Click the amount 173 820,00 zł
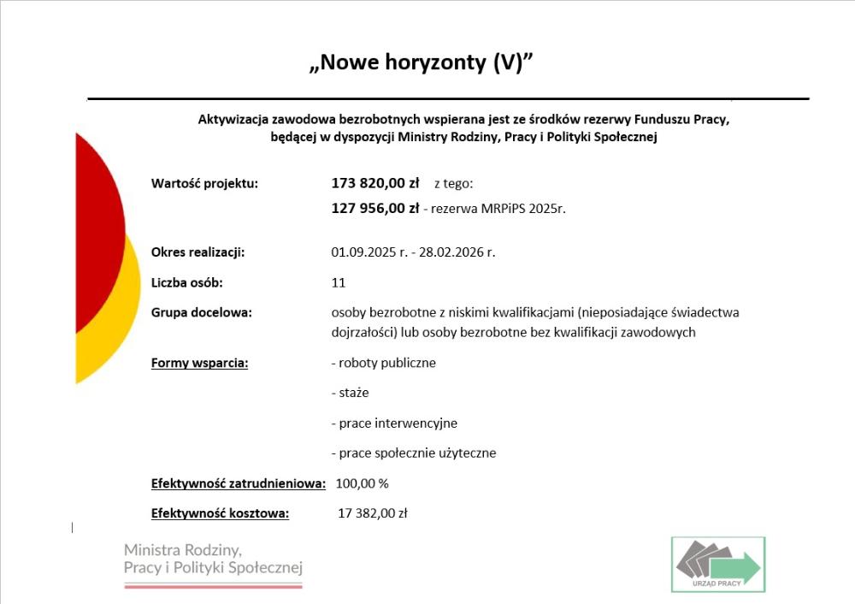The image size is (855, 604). (374, 182)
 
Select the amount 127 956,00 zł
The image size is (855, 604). (374, 208)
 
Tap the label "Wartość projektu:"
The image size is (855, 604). (203, 183)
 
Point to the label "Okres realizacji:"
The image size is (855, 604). (198, 252)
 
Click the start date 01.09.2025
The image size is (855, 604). (364, 252)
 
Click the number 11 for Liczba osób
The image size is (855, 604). (338, 282)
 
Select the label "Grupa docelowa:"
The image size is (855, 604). (201, 312)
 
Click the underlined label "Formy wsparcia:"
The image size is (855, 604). (199, 363)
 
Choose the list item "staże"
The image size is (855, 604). (353, 393)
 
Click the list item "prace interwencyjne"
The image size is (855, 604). (398, 423)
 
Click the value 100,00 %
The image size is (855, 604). (362, 483)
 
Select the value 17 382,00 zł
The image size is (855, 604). (373, 513)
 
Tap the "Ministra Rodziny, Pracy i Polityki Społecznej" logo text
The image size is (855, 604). (213, 559)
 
